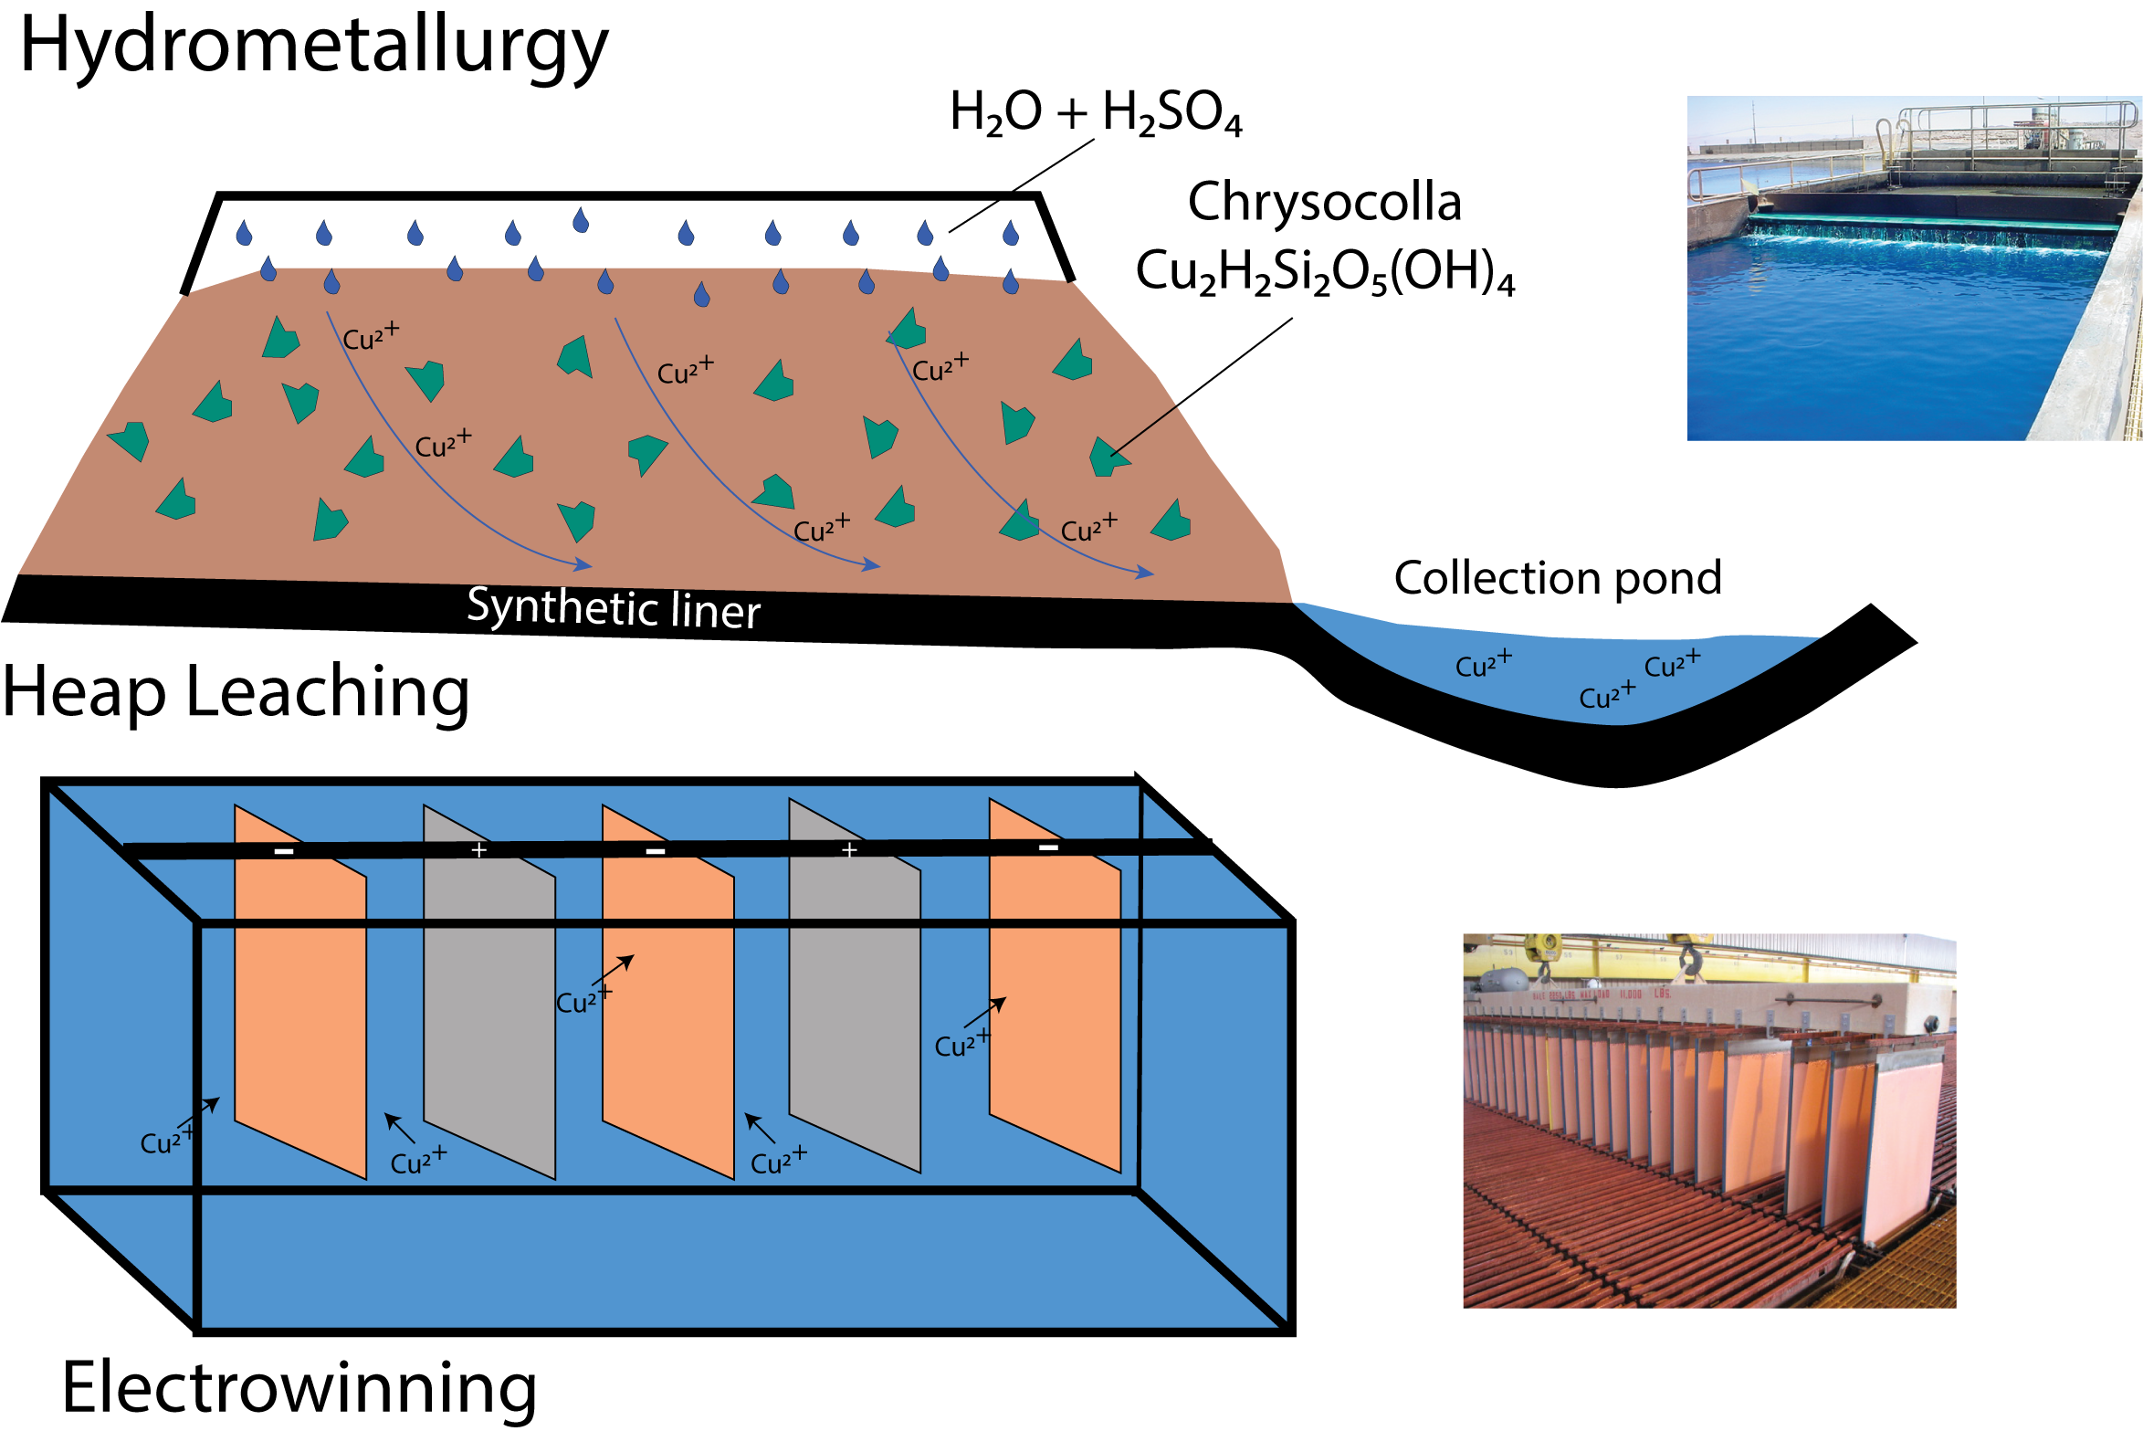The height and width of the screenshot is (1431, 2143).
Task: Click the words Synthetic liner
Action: coord(613,608)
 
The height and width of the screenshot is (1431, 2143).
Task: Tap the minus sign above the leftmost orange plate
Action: coord(284,851)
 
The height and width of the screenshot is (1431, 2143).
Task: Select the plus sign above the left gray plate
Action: coord(478,850)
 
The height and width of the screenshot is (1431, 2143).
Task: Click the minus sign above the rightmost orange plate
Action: coord(1048,847)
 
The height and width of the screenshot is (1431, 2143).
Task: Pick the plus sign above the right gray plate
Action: coord(849,850)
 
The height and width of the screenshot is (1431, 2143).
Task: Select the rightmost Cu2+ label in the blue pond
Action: coord(1672,665)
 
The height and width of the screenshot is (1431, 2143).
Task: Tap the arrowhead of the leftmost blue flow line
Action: coord(584,565)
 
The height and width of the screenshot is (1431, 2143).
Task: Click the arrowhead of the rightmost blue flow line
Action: coord(1146,573)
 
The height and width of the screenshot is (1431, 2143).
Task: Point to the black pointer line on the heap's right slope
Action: coord(1144,431)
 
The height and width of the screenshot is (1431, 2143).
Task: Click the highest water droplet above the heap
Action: coord(581,220)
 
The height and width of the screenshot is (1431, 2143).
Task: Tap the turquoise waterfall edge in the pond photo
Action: coord(1927,232)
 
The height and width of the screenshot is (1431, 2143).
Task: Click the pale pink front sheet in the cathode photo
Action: coord(1899,1151)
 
